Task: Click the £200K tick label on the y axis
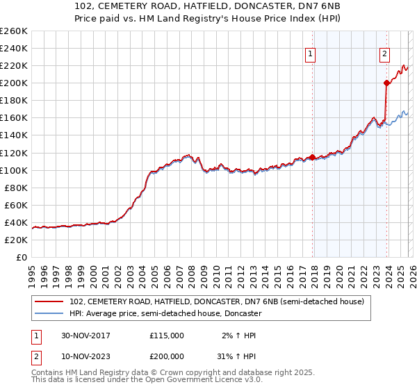13,83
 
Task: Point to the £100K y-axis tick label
13,170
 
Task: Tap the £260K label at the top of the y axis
13,31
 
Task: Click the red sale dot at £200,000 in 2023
387,83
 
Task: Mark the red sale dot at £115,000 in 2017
313,157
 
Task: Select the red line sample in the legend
49,301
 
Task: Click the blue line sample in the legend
49,314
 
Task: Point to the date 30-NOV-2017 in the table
85,336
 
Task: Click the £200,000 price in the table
167,355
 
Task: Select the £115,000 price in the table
167,336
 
